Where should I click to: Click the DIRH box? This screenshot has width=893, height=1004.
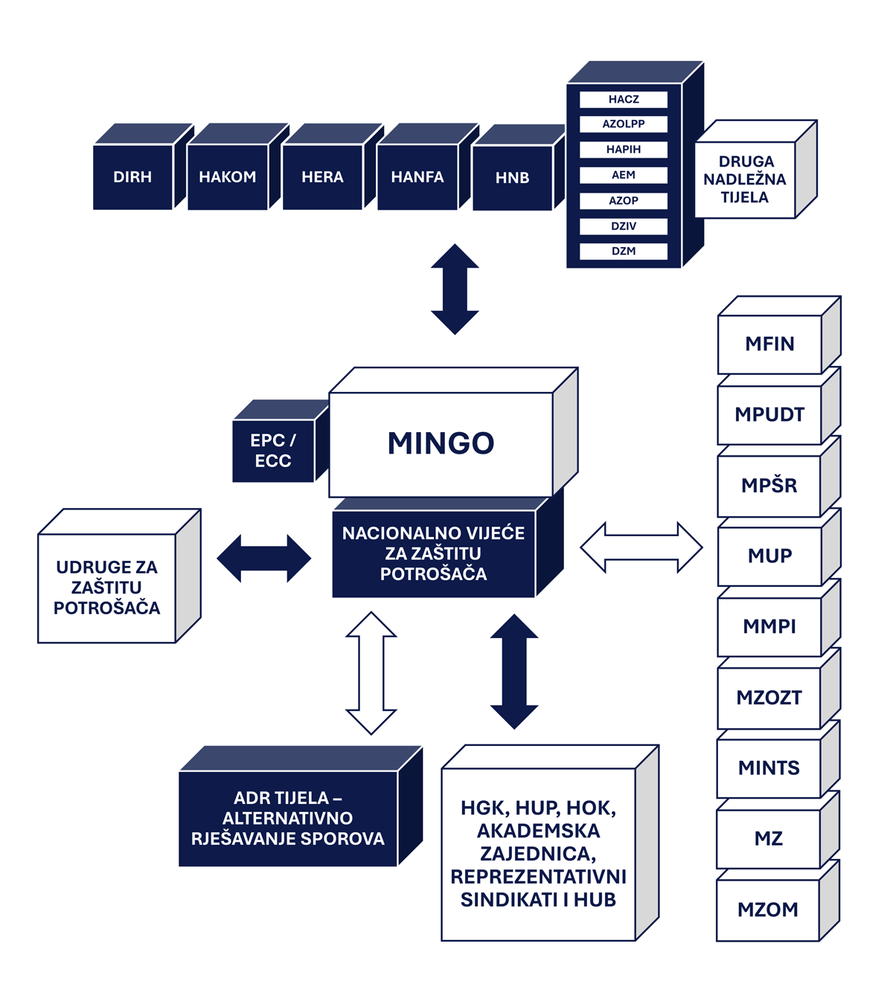click(x=132, y=177)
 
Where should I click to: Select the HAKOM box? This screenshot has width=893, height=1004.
click(x=227, y=177)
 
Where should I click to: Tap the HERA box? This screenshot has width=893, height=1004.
click(x=322, y=177)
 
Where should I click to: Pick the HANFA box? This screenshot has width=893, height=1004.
click(x=417, y=177)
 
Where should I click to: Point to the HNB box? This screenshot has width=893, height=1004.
click(x=512, y=178)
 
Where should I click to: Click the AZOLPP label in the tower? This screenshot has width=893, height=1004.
click(x=624, y=124)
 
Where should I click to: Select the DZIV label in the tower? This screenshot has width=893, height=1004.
click(x=624, y=226)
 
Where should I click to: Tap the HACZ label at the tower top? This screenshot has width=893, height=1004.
click(x=624, y=99)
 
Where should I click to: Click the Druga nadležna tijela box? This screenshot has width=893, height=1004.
click(x=745, y=179)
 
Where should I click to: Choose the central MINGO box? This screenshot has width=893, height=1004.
click(x=441, y=443)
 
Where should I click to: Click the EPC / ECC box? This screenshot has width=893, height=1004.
click(x=273, y=451)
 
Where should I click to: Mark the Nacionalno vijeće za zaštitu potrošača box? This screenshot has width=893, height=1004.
click(x=433, y=553)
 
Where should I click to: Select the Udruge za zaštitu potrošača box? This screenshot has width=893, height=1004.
click(x=106, y=588)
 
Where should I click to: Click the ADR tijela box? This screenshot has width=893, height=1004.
click(x=288, y=818)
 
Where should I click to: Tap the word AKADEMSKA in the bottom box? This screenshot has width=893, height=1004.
click(x=538, y=831)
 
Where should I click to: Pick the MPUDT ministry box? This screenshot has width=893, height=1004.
click(x=769, y=414)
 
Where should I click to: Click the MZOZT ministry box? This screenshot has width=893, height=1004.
click(x=769, y=698)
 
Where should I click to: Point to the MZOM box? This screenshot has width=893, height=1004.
click(x=768, y=910)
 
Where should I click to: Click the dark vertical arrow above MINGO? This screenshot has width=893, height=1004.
click(x=455, y=289)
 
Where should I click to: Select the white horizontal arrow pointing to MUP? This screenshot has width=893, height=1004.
click(x=641, y=547)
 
